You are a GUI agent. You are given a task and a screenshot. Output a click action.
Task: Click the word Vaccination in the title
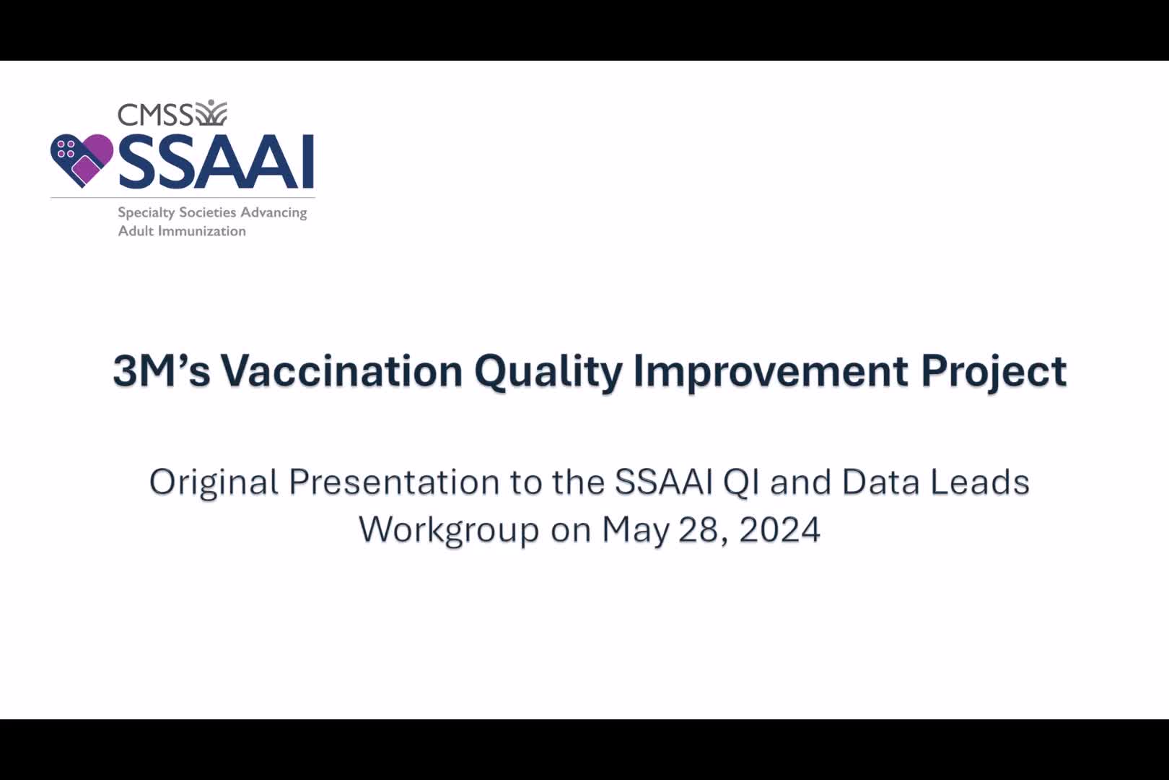(341, 371)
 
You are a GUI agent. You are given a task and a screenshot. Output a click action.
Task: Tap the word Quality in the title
(548, 373)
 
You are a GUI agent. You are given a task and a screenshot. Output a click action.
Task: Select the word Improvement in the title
(770, 373)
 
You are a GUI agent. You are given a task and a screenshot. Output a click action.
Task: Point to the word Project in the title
(994, 373)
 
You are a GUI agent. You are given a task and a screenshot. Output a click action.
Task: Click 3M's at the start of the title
(161, 371)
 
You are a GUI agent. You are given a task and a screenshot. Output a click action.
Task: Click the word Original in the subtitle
(214, 484)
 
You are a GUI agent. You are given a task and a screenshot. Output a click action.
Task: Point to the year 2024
(779, 530)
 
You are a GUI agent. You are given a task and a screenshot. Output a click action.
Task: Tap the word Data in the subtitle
(880, 482)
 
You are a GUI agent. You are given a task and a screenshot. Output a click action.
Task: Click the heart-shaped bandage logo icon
(82, 160)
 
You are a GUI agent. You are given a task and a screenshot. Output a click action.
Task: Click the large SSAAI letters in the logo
(216, 162)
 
